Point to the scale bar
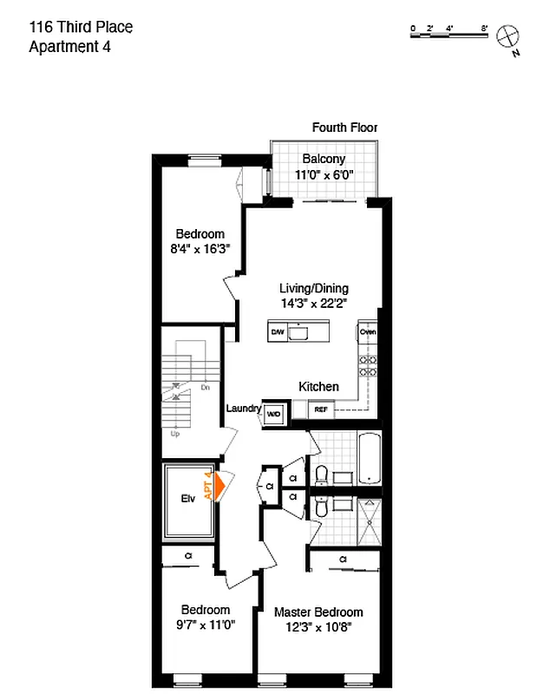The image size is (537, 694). pos(449,31)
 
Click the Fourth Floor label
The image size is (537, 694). pos(344,128)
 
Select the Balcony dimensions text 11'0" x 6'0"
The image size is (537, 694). pos(324,174)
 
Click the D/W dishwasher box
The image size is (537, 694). pos(278,332)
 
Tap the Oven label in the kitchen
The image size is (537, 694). pos(368,331)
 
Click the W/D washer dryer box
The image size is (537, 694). pos(273,414)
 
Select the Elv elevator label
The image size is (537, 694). pos(188,499)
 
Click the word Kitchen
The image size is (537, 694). pos(318,387)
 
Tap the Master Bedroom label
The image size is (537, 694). pos(318,612)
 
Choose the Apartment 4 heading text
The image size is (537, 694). pos(69,47)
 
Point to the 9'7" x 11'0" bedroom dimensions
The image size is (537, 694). pos(206,625)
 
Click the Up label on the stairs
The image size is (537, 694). pos(175,433)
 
